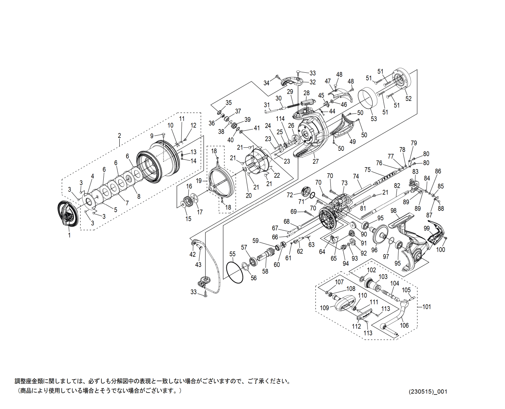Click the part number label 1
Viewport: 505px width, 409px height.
click(69, 235)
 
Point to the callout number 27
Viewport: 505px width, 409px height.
click(316, 161)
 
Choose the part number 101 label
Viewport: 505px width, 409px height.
click(426, 307)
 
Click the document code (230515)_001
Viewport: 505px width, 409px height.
click(428, 391)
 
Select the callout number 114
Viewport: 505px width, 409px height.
click(280, 119)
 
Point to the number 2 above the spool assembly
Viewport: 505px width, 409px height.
click(119, 136)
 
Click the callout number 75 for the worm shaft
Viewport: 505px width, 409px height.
click(367, 170)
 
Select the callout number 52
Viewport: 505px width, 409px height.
click(409, 99)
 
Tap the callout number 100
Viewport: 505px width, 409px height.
click(441, 249)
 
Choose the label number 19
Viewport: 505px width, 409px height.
click(199, 181)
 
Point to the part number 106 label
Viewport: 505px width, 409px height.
click(404, 325)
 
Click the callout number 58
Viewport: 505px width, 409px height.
click(265, 271)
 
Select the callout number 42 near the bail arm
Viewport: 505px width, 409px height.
click(192, 254)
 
